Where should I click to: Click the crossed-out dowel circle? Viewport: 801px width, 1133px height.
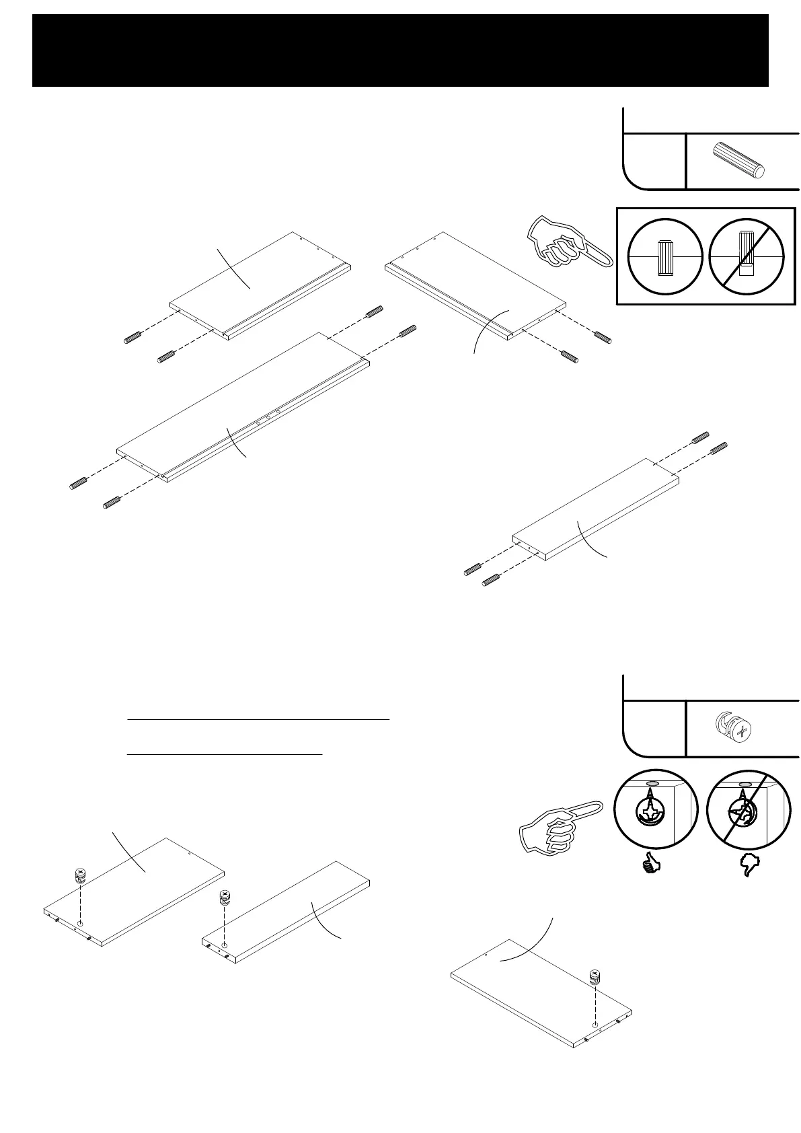pos(747,257)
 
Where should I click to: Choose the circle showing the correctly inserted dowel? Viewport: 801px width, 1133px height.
pos(665,257)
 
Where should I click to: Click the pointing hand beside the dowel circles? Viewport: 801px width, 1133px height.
pos(569,243)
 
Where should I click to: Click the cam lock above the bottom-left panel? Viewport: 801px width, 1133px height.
pos(80,877)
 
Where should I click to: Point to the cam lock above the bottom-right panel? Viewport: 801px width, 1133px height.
pos(595,976)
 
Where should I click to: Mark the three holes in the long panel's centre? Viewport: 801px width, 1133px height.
pos(268,418)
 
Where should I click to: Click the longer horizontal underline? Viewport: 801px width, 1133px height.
pos(258,719)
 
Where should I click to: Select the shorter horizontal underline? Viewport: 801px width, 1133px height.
pos(225,754)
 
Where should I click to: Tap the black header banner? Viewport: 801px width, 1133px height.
pos(400,50)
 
